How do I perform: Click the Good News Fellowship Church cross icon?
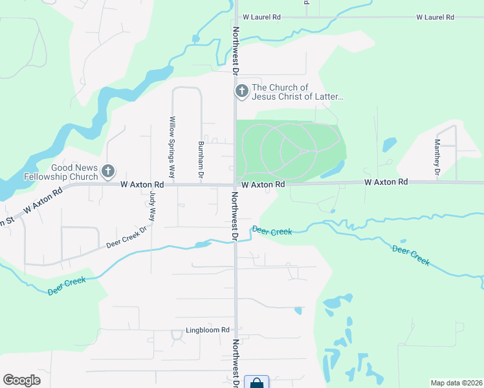click(x=108, y=171)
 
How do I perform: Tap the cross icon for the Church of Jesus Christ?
click(x=241, y=92)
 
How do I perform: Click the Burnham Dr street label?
click(x=201, y=160)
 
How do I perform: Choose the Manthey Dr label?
click(x=437, y=158)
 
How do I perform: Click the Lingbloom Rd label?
click(x=208, y=330)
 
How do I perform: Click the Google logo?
click(x=21, y=380)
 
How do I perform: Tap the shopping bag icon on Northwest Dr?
click(x=257, y=383)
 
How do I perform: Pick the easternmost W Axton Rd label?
click(x=386, y=183)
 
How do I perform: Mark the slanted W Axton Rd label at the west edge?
click(x=43, y=200)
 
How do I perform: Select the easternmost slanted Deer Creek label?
click(x=411, y=255)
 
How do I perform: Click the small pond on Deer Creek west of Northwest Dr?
click(x=202, y=244)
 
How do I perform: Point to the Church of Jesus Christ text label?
click(x=297, y=92)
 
